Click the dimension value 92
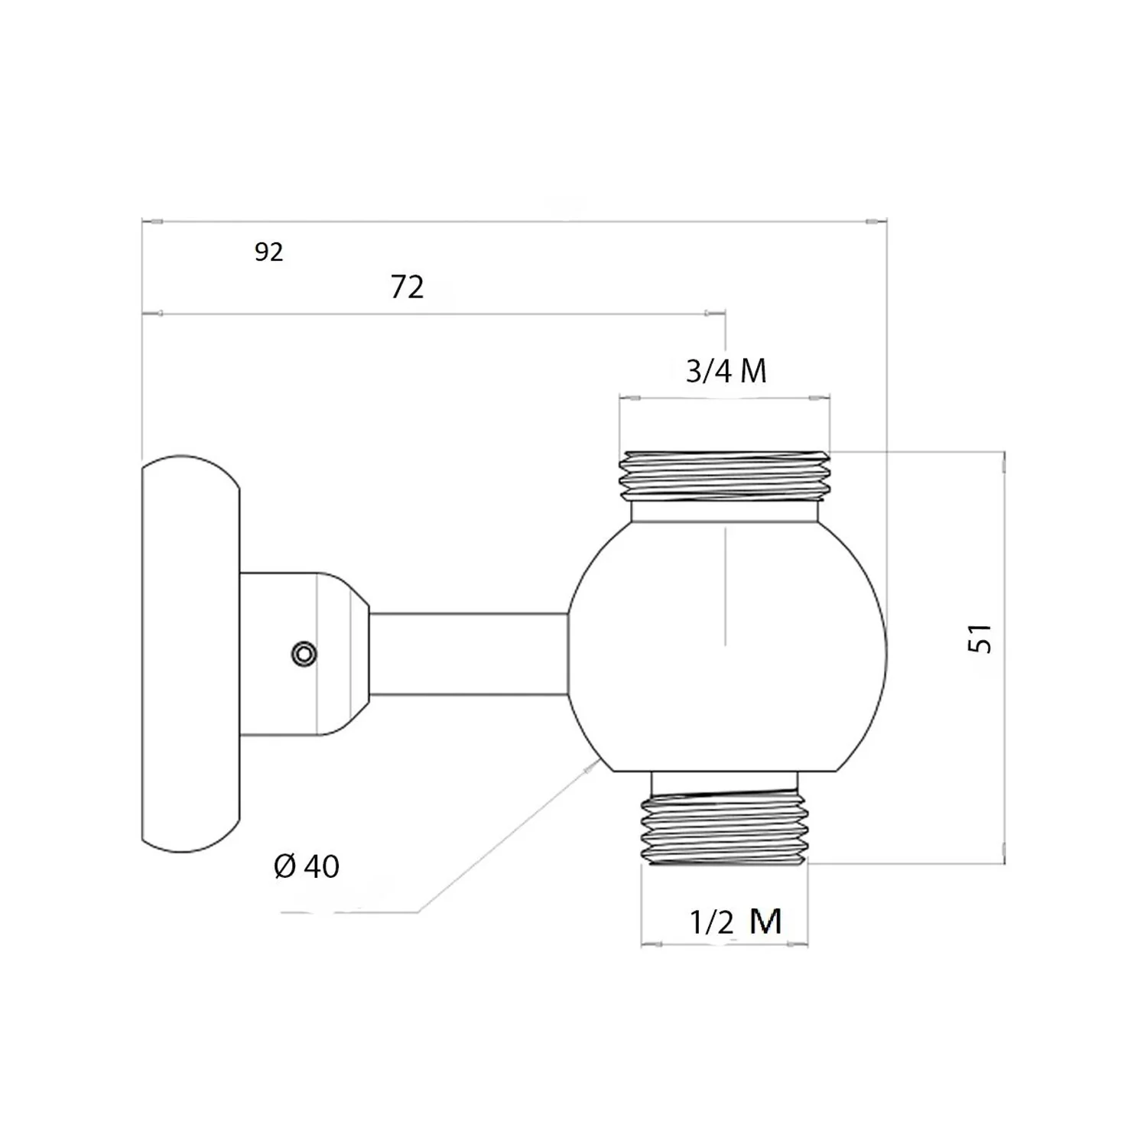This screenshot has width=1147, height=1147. point(268,252)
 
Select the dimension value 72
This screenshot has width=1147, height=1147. point(407,287)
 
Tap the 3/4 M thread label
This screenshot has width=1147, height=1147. point(726,371)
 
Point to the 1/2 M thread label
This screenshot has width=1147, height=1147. point(736,921)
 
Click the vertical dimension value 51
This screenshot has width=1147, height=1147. point(980,638)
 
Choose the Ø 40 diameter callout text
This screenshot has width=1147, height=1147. point(307,866)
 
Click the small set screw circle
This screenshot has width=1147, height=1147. point(304,654)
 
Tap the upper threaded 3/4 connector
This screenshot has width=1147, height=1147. point(725,476)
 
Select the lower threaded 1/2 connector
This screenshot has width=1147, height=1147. point(725,829)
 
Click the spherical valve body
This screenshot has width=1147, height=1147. point(727,646)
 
